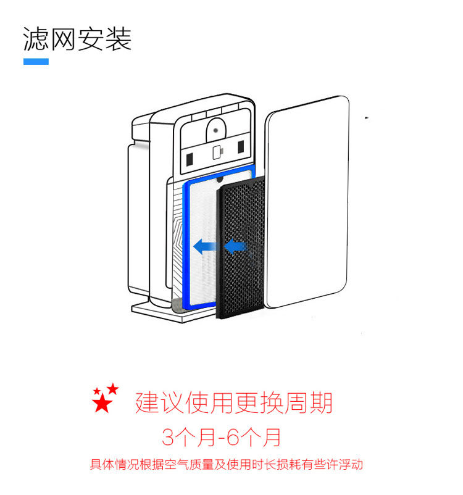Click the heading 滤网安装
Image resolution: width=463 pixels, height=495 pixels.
coord(77,39)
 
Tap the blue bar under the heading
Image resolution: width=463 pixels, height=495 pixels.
coord(36,62)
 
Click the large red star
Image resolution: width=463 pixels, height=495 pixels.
coord(101,404)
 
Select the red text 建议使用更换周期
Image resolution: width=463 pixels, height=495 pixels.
coord(234,404)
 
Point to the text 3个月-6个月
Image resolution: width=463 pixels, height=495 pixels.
coord(221,437)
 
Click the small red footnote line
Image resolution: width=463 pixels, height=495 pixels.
coord(226,465)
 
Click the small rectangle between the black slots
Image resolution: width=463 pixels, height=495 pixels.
coord(217,152)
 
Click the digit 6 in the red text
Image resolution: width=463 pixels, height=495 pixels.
coord(232,437)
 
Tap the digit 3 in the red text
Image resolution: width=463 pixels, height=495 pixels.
coord(169,437)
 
